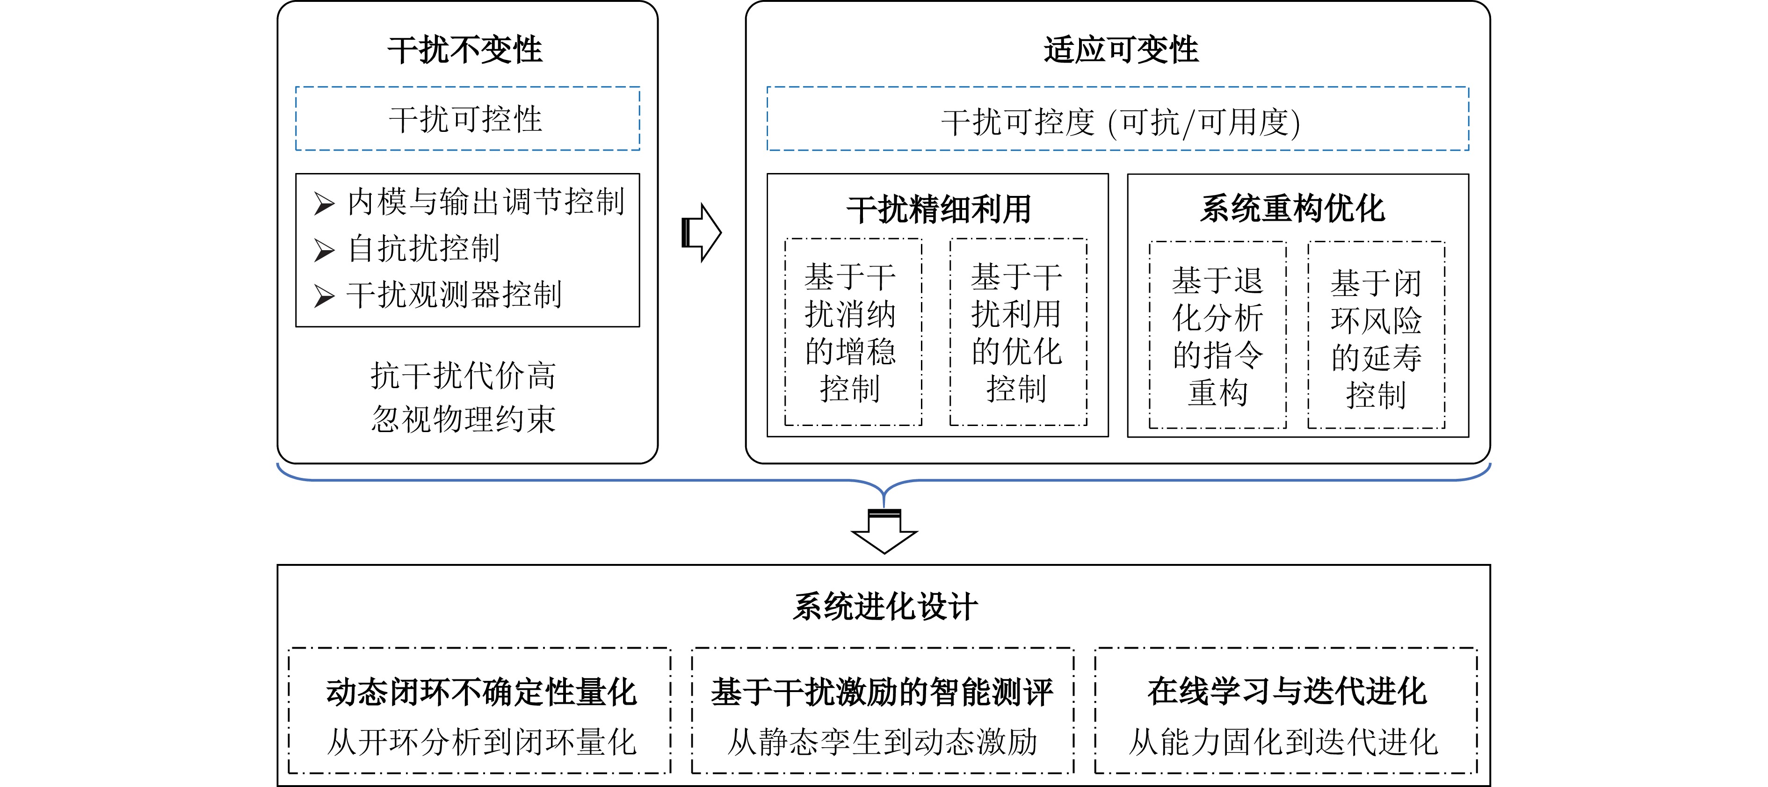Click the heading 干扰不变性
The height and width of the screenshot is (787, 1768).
[465, 50]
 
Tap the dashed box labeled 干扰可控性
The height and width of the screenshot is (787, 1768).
[467, 119]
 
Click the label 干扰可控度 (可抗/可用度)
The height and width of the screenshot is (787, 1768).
[1120, 122]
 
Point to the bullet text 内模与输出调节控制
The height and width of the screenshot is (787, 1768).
[485, 202]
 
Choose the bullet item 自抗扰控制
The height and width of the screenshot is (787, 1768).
[423, 248]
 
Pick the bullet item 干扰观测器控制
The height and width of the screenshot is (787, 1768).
[454, 294]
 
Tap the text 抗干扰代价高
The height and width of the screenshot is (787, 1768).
[463, 375]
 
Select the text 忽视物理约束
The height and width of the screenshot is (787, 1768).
[463, 419]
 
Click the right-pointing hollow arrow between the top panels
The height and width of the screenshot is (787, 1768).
[701, 232]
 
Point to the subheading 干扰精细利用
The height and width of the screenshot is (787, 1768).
[938, 209]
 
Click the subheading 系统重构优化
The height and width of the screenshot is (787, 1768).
[1292, 209]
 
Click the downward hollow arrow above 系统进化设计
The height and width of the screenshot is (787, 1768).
[884, 532]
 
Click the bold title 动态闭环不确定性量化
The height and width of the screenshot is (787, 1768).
[481, 692]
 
